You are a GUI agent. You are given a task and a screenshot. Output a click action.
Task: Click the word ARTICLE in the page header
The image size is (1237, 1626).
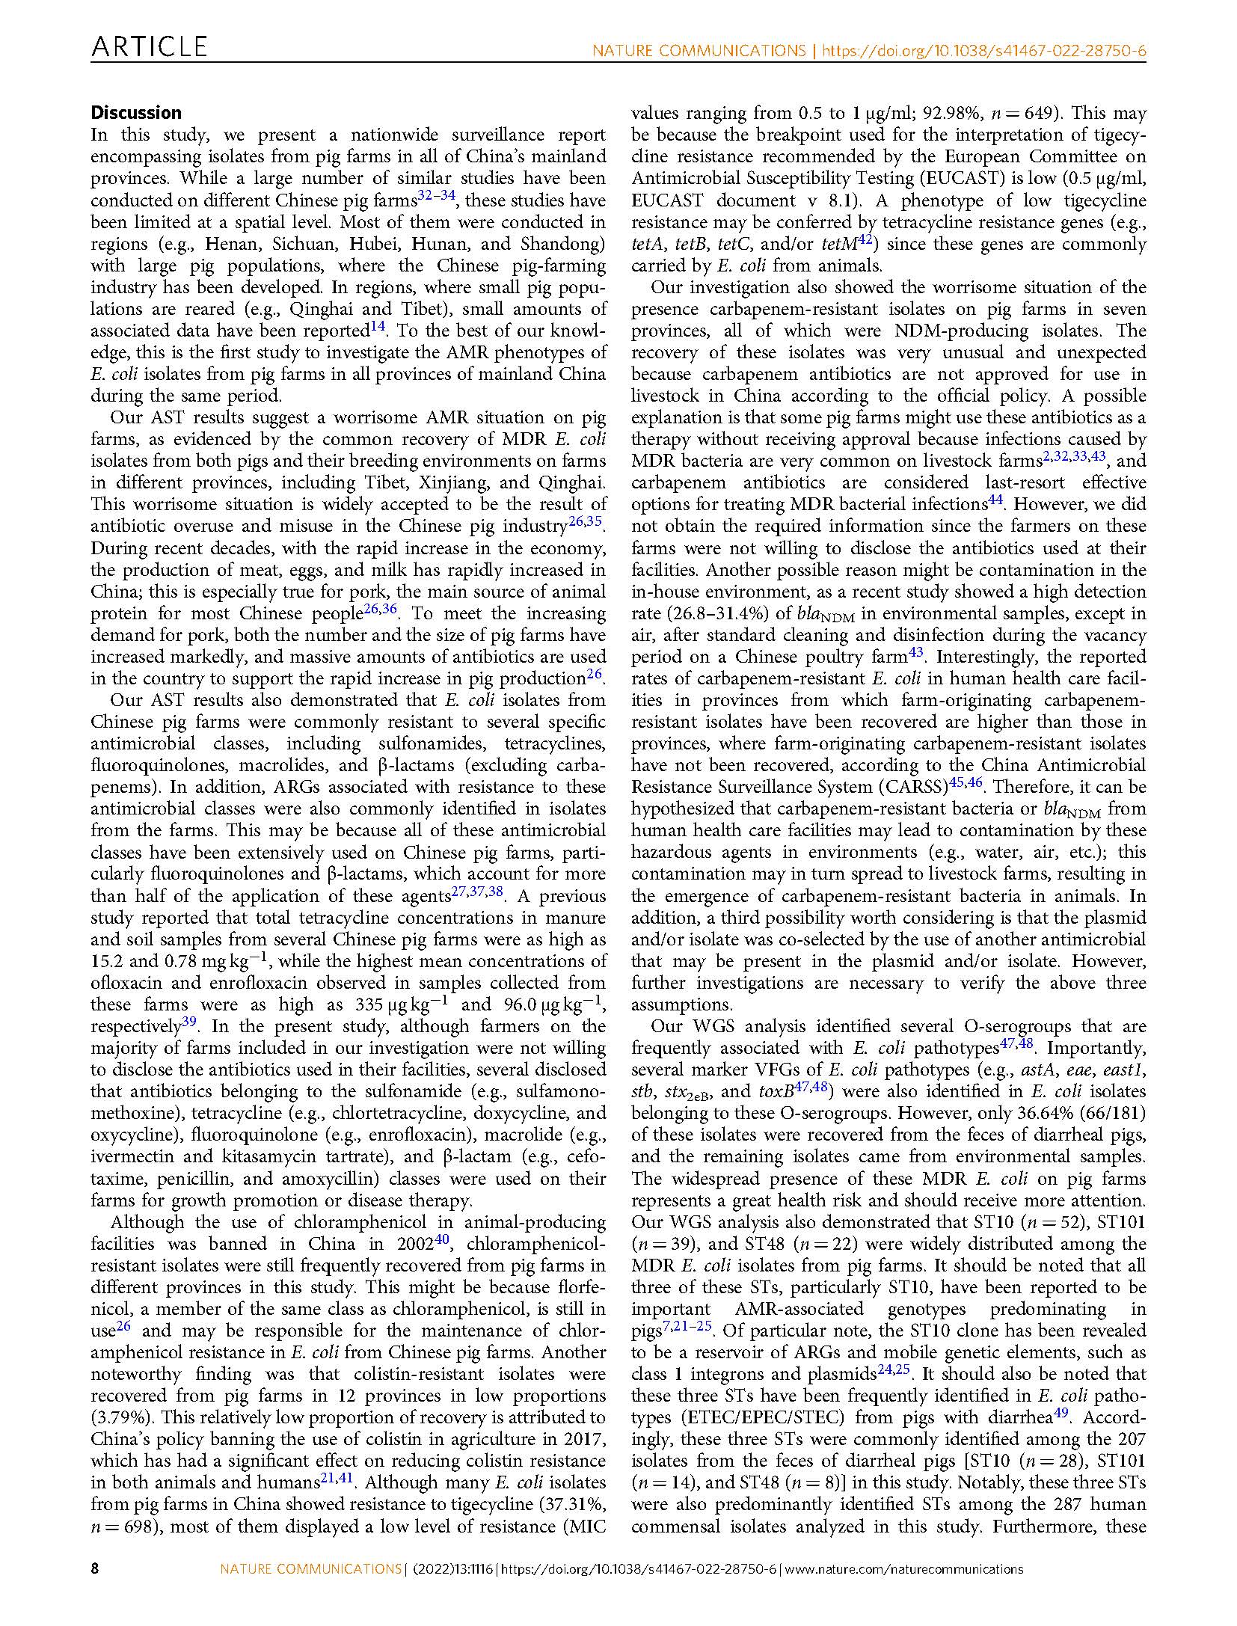(149, 48)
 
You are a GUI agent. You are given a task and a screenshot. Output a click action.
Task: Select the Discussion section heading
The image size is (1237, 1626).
(136, 113)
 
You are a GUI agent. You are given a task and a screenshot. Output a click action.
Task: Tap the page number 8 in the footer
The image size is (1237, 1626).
(95, 1590)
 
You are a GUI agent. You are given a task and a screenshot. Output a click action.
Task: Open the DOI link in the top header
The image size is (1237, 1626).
(983, 52)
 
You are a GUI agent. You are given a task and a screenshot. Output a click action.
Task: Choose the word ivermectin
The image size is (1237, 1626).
(132, 1156)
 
